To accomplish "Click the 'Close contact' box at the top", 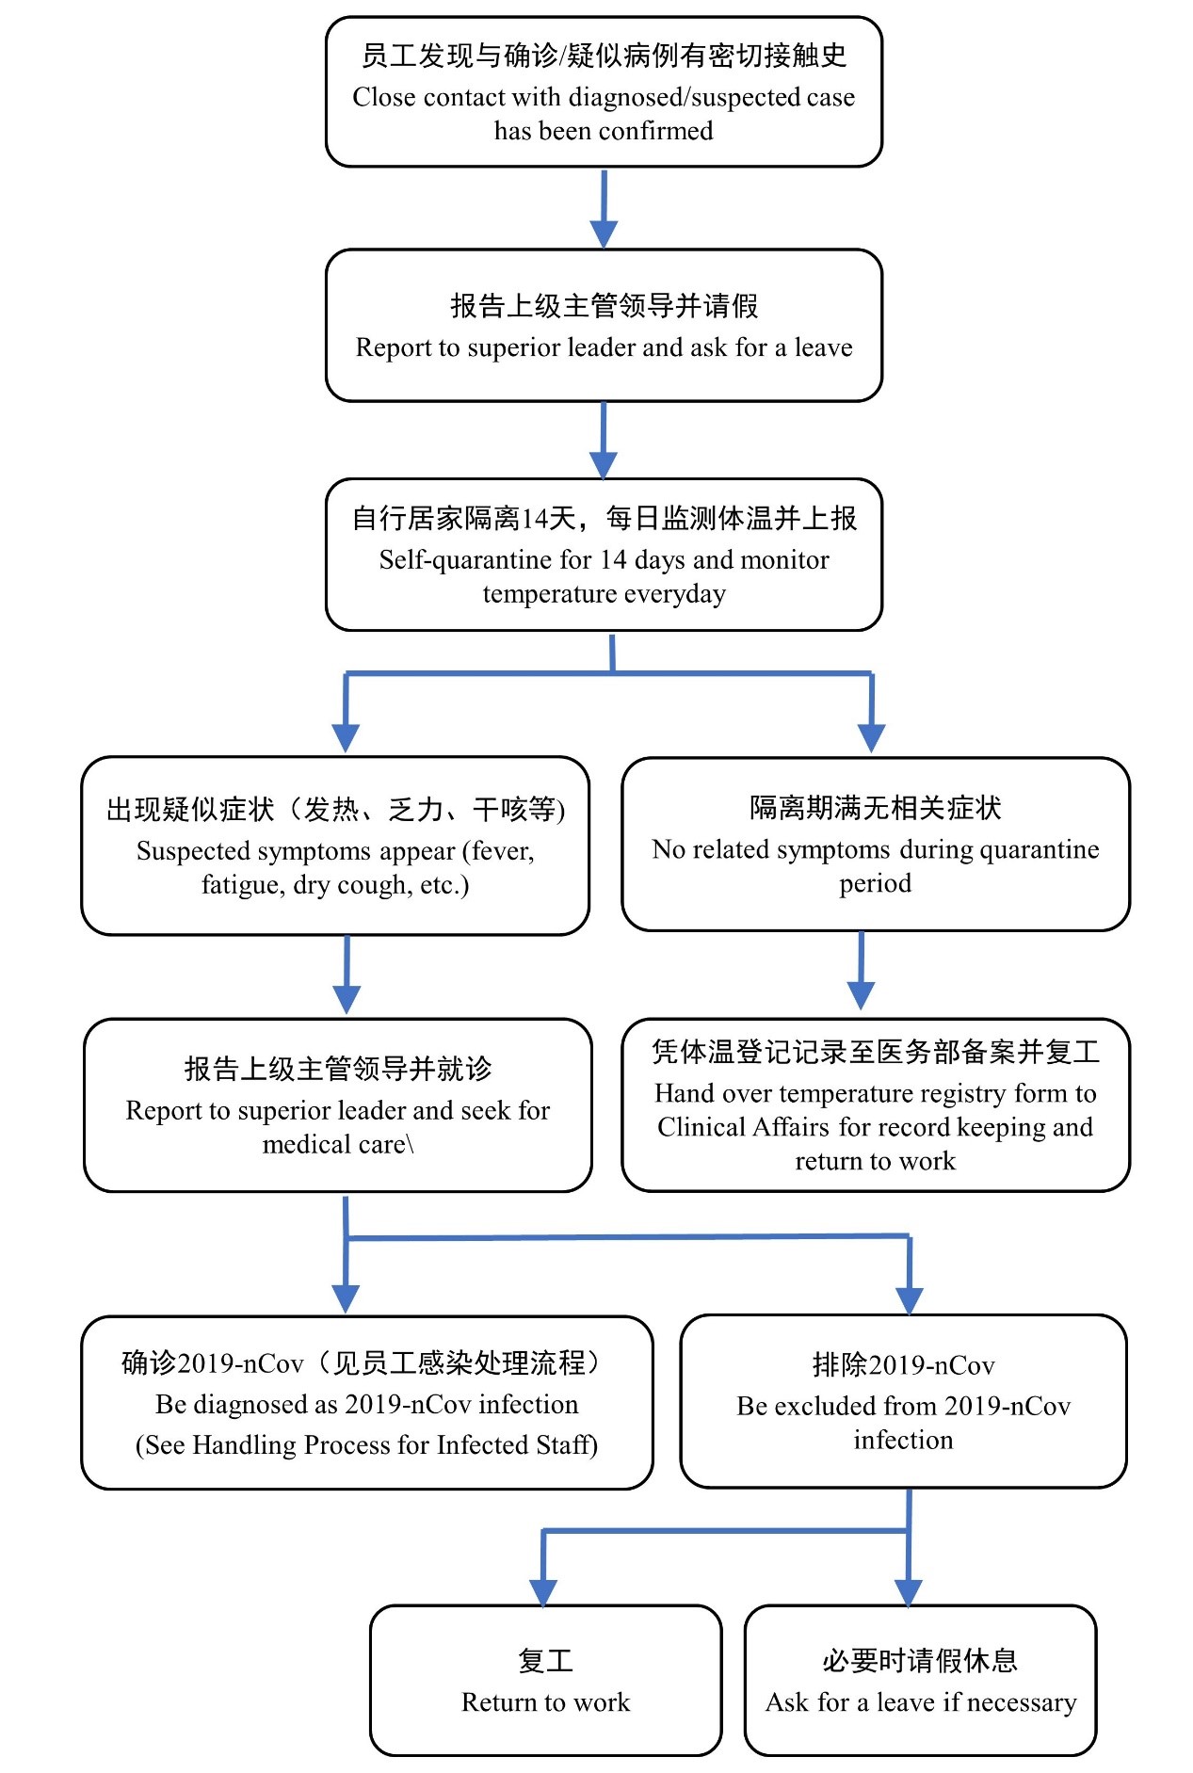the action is point(604,92).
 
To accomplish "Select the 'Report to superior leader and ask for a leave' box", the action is point(604,325).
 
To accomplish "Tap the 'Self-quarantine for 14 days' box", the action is point(604,555).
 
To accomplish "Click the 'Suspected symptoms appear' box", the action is point(335,846).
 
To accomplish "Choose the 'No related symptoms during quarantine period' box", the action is point(876,844).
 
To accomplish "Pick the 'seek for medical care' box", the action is point(338,1104).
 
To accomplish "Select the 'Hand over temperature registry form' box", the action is point(876,1104).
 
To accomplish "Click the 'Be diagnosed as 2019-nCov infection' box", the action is point(367,1402).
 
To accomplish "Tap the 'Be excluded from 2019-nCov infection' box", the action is point(904,1401).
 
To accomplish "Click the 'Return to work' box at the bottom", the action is point(546,1681).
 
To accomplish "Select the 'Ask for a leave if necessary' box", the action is point(921,1681).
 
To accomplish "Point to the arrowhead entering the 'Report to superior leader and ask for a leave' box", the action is point(604,234).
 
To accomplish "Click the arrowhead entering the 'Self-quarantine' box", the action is point(604,465).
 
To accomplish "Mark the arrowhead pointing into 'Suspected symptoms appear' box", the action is point(346,739).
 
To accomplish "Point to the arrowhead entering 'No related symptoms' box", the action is point(872,739).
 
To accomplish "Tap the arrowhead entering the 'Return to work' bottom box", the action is point(543,1592).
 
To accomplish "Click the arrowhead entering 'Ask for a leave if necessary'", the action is point(908,1592).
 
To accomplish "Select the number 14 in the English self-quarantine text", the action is point(613,560).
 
